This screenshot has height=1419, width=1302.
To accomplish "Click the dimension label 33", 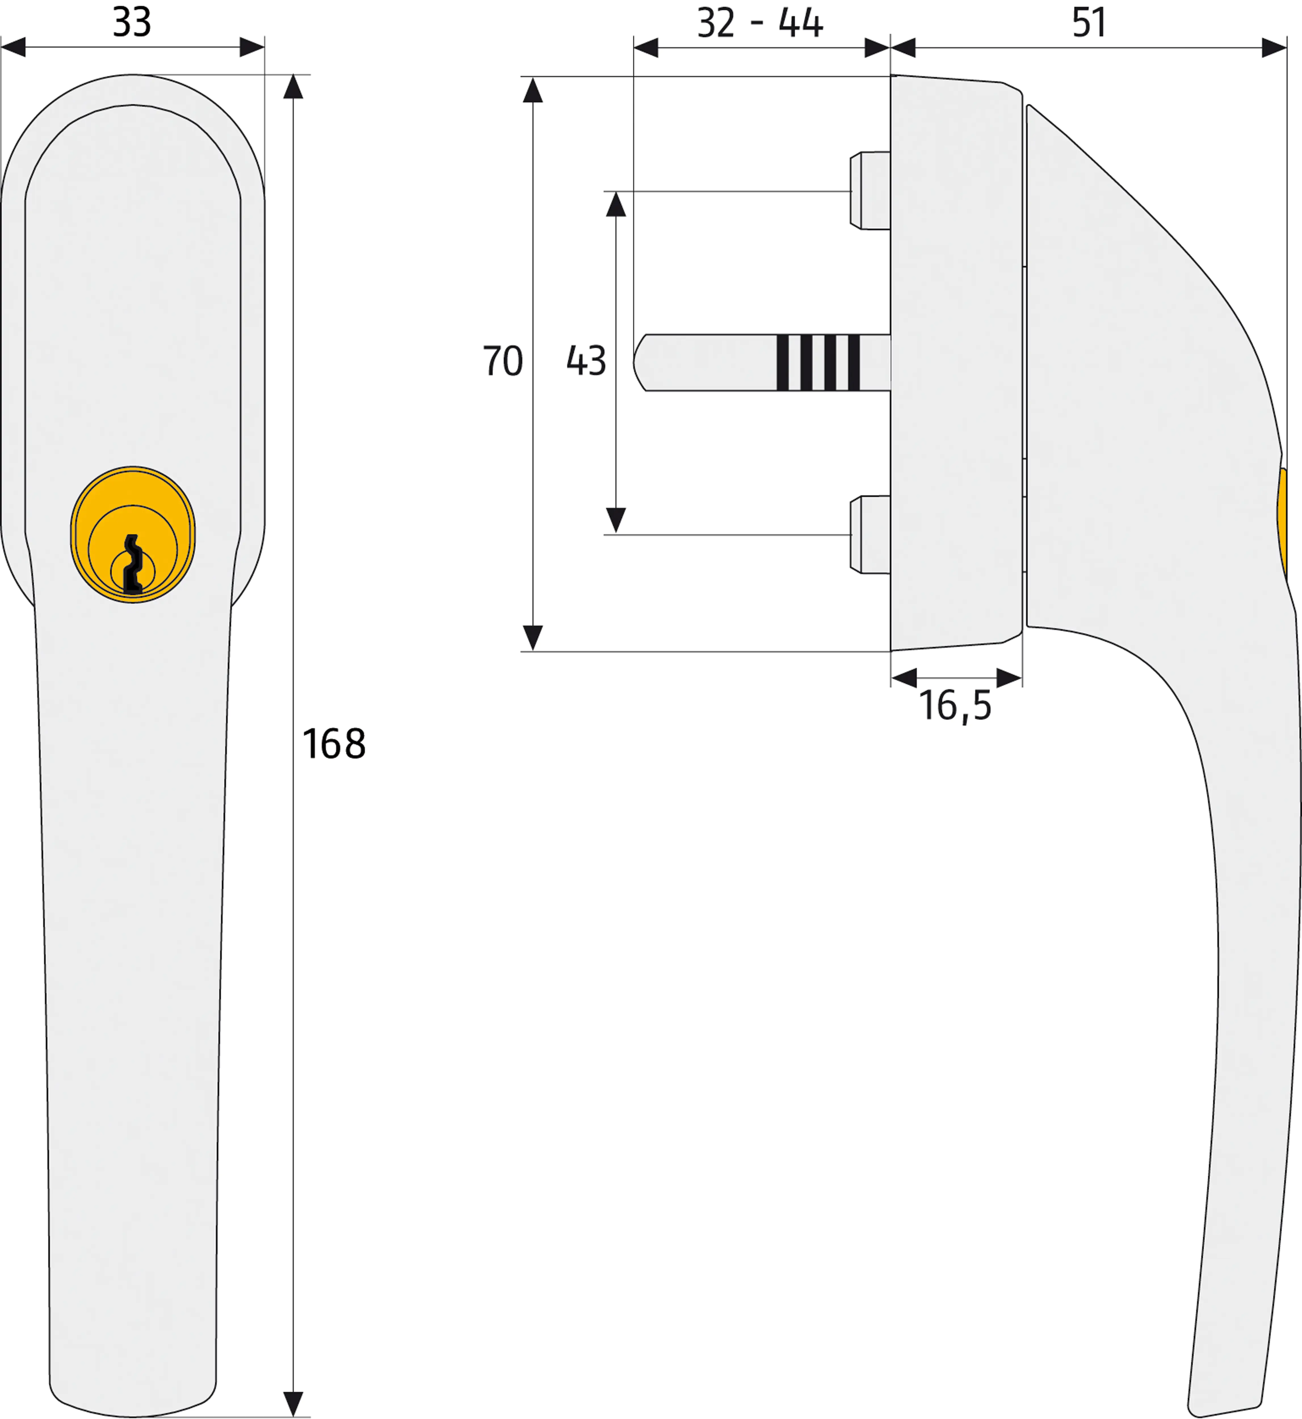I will pyautogui.click(x=132, y=22).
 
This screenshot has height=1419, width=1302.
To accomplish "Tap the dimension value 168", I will pyautogui.click(x=334, y=744).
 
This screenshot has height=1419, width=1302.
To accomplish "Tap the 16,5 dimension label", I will pyautogui.click(x=955, y=706).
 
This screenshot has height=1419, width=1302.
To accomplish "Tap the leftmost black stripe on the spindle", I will pyautogui.click(x=782, y=362).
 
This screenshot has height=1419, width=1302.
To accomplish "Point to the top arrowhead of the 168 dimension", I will pyautogui.click(x=293, y=87).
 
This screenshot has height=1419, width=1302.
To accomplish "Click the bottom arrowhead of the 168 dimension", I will pyautogui.click(x=293, y=1403).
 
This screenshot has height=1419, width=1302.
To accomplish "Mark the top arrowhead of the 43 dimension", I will pyautogui.click(x=616, y=204).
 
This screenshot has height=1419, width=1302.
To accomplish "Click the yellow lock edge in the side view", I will pyautogui.click(x=1282, y=521).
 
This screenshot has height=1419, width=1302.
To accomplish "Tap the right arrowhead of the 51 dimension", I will pyautogui.click(x=1274, y=48).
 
